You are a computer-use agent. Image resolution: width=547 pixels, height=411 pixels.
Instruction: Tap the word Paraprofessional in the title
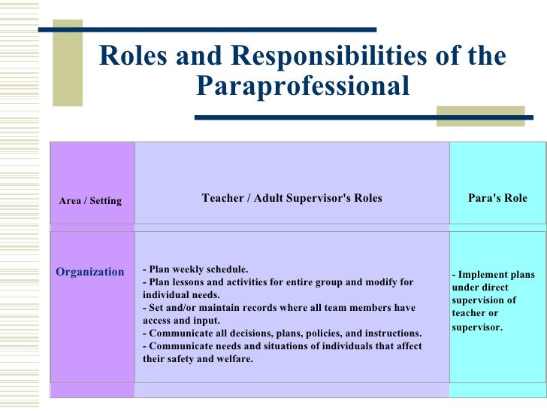303,87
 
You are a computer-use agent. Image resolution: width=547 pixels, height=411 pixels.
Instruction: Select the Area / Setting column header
90,200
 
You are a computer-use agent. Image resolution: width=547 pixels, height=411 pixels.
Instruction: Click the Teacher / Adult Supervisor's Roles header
292,198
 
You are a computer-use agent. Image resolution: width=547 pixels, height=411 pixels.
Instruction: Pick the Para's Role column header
497,198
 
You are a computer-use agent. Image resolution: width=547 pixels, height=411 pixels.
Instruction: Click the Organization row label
90,272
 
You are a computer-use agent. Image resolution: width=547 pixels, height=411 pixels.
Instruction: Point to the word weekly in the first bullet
188,269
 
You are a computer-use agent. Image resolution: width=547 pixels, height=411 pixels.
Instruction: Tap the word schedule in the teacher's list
226,269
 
